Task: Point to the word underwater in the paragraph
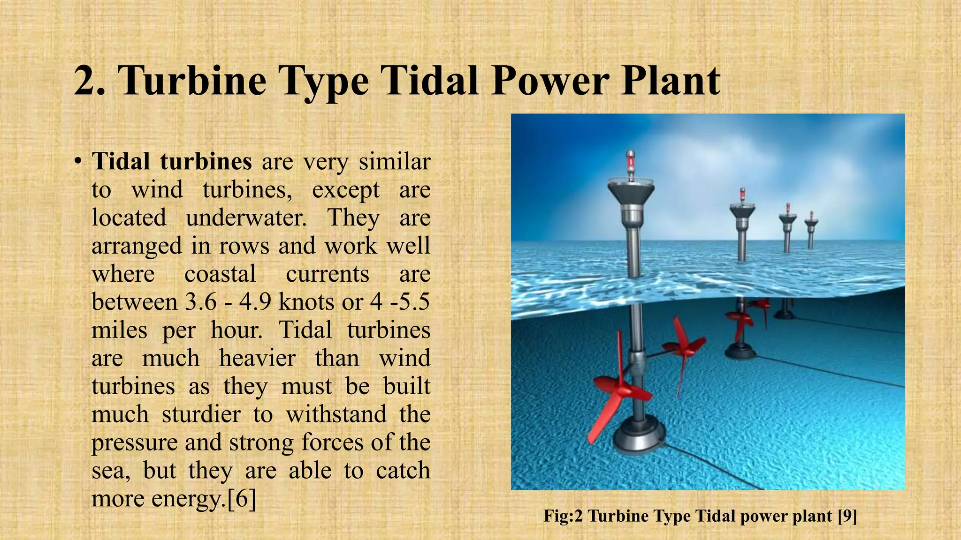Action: tap(246, 218)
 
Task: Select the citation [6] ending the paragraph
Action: tap(241, 498)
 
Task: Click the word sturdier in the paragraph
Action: tap(201, 414)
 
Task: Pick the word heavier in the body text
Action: tap(257, 358)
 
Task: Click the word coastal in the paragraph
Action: tap(220, 274)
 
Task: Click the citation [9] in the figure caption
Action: tap(847, 516)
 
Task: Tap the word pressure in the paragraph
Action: tap(133, 442)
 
